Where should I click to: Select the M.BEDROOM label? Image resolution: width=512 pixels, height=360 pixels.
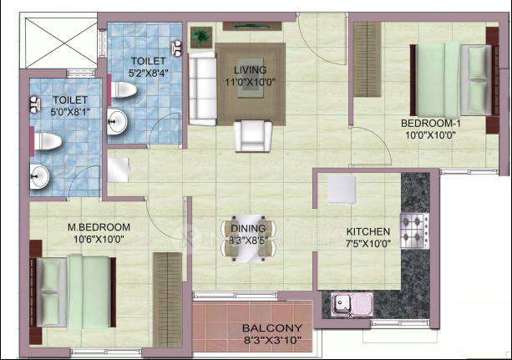(x=99, y=226)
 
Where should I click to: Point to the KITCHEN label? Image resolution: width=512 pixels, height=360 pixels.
(x=368, y=231)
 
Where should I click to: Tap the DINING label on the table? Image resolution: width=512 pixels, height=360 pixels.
(x=247, y=228)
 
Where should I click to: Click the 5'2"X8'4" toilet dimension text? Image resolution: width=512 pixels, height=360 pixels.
(x=148, y=73)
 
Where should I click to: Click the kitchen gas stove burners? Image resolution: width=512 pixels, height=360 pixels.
(x=415, y=226)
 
